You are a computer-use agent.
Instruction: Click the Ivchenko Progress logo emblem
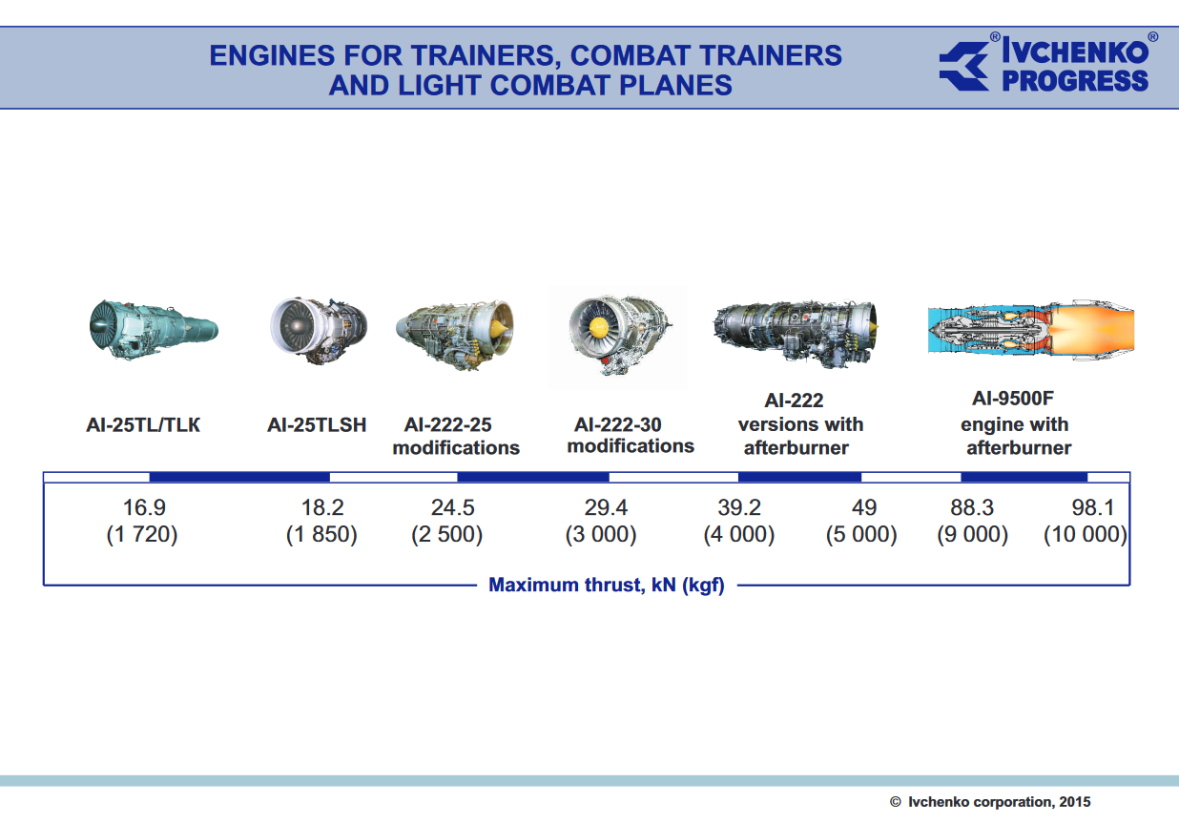[x=964, y=67]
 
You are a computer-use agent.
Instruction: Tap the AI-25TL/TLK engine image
[x=154, y=330]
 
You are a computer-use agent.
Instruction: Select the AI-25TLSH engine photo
[x=319, y=331]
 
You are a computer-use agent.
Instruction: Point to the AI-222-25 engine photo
[x=455, y=335]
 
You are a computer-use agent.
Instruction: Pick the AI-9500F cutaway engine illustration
[x=1030, y=330]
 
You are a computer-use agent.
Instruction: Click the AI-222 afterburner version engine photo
[x=796, y=334]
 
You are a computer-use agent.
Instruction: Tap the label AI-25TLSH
[x=317, y=424]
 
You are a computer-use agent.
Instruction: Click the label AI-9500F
[x=1013, y=399]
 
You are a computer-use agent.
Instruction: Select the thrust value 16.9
[x=144, y=507]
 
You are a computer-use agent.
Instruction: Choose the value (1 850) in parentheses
[x=321, y=534]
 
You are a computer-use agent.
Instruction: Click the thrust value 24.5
[x=453, y=507]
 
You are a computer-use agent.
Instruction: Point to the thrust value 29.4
[x=606, y=507]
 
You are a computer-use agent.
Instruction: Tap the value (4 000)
[x=739, y=534]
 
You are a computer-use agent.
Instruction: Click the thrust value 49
[x=864, y=507]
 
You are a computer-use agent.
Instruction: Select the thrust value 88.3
[x=972, y=507]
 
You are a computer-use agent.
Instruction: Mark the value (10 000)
[x=1086, y=534]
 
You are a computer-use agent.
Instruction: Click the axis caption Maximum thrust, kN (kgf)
[x=607, y=586]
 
